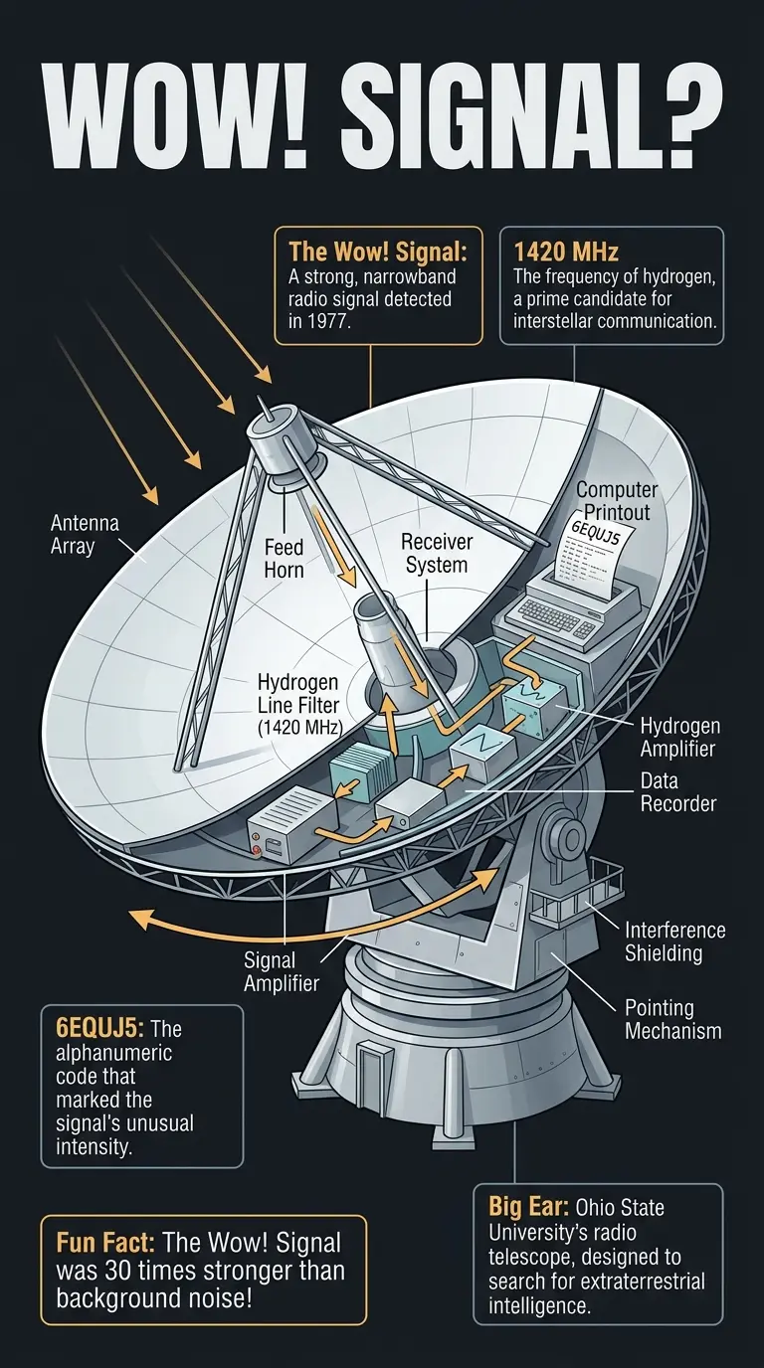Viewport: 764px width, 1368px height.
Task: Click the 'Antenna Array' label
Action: [x=71, y=534]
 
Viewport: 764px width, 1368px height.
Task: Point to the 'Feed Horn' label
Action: [x=284, y=559]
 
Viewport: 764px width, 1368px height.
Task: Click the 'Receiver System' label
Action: [x=437, y=553]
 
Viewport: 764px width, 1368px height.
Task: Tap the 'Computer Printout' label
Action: [x=617, y=501]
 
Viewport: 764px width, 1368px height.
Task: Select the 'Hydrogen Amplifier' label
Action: [x=679, y=737]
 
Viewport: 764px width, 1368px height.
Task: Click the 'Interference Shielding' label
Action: [x=674, y=941]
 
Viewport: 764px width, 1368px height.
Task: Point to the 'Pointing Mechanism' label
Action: [x=672, y=1019]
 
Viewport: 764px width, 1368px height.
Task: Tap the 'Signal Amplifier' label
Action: [x=282, y=971]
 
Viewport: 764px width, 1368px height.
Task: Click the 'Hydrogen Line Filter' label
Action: [x=298, y=705]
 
